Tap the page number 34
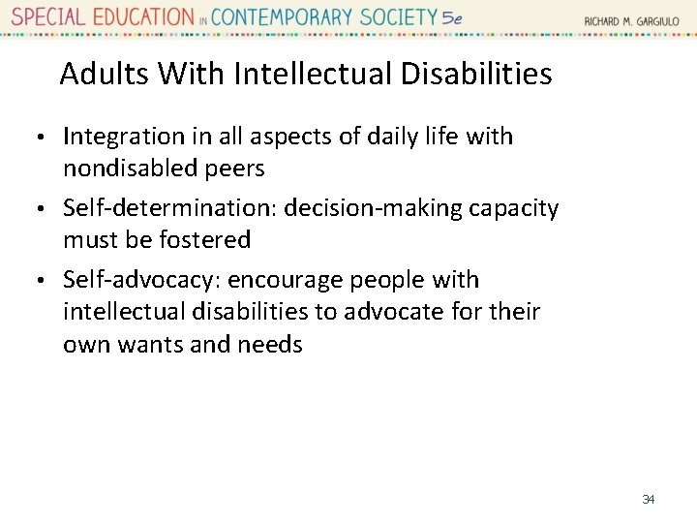click(649, 500)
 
